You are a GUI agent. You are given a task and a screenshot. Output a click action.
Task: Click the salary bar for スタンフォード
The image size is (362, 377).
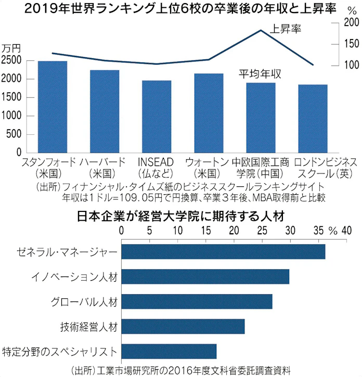(53, 107)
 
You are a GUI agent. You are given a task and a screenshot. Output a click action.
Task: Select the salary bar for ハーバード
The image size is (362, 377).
(105, 111)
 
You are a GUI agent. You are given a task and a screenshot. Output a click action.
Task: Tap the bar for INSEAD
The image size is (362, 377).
(157, 117)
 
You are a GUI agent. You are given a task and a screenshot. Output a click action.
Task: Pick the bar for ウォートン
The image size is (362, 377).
(209, 113)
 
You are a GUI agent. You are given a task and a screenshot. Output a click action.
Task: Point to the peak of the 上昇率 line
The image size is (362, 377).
(261, 30)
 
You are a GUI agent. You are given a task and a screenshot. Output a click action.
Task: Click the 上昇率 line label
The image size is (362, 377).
(286, 28)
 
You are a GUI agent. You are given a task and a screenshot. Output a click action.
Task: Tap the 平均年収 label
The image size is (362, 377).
(260, 74)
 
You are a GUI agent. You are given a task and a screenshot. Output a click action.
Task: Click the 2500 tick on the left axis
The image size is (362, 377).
(11, 60)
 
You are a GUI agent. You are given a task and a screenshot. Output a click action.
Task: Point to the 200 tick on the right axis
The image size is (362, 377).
(352, 22)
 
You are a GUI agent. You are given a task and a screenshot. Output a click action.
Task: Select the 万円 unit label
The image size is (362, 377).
(11, 48)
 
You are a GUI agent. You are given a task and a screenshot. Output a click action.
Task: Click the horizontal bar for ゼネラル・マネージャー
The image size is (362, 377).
(223, 252)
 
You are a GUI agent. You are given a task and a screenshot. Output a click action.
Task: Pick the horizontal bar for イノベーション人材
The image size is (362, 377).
(205, 277)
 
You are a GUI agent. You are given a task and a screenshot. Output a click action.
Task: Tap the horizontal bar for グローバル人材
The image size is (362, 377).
(197, 301)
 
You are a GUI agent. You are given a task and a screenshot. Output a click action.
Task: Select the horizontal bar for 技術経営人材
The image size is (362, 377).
(183, 326)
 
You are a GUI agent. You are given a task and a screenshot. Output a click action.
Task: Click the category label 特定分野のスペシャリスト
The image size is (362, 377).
(60, 351)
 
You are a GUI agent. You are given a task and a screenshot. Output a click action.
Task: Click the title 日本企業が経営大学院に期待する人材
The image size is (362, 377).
(180, 215)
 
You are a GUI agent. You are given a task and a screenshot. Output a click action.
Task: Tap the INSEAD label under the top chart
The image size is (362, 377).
(157, 161)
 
